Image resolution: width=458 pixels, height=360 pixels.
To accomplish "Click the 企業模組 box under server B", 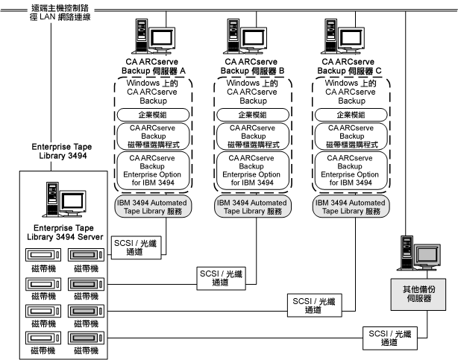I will click(x=249, y=116).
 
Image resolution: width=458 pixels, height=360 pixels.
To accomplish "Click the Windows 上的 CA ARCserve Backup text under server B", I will click(x=249, y=91).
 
